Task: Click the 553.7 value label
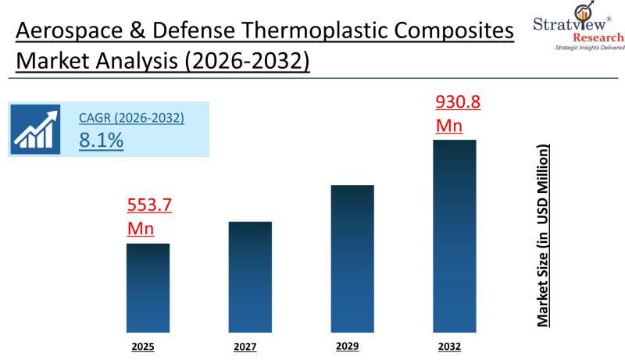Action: (x=149, y=207)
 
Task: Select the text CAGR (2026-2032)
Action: (x=131, y=119)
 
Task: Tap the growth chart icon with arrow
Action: (x=34, y=130)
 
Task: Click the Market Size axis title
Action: (x=541, y=234)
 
